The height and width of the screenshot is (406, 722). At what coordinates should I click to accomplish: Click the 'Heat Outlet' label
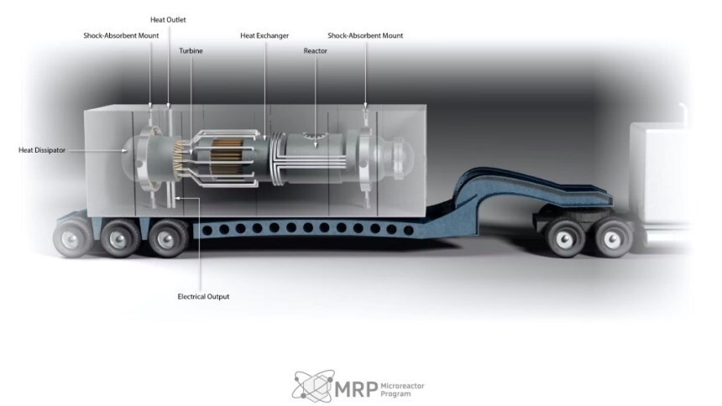coord(168,20)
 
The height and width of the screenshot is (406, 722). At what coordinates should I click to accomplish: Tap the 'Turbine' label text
coord(191,50)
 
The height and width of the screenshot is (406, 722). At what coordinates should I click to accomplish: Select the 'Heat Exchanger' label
coord(264,35)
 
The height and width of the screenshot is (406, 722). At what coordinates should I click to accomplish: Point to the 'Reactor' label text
coord(316,50)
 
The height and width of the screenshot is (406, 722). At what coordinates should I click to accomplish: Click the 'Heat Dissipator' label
coord(42,150)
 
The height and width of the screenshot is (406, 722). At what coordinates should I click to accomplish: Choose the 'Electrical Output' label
coord(203,296)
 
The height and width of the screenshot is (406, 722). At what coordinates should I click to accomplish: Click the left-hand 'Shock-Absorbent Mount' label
coord(121,35)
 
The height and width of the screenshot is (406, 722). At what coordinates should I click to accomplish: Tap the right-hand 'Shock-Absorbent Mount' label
coord(365,35)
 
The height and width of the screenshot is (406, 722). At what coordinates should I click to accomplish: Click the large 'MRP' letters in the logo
coord(356,389)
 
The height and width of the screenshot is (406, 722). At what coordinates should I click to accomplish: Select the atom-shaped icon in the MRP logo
coord(314,386)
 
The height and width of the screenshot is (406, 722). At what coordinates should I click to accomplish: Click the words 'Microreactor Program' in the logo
coord(402,389)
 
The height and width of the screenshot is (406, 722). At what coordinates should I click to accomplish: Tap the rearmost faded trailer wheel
coord(71,237)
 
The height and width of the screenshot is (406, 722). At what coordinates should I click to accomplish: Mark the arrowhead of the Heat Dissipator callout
coord(125,150)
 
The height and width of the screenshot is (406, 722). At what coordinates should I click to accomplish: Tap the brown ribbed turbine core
coord(227,157)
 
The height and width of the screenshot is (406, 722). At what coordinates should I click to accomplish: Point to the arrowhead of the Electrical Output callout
coord(178,199)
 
